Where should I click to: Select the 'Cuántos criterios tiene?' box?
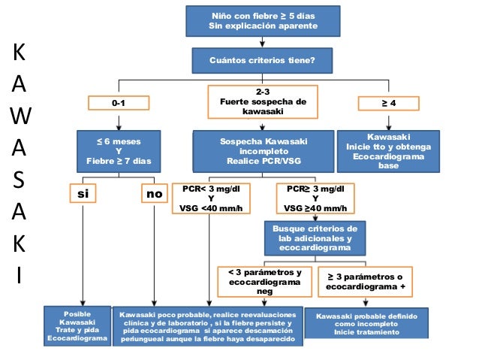263,61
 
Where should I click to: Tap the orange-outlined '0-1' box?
119,102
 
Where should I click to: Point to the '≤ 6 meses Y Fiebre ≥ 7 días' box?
119,151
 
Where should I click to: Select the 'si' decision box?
83,194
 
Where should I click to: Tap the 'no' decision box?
154,194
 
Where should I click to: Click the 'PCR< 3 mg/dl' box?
211,198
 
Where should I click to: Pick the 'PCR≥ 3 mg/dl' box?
315,198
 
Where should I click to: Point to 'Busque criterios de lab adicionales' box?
314,237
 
